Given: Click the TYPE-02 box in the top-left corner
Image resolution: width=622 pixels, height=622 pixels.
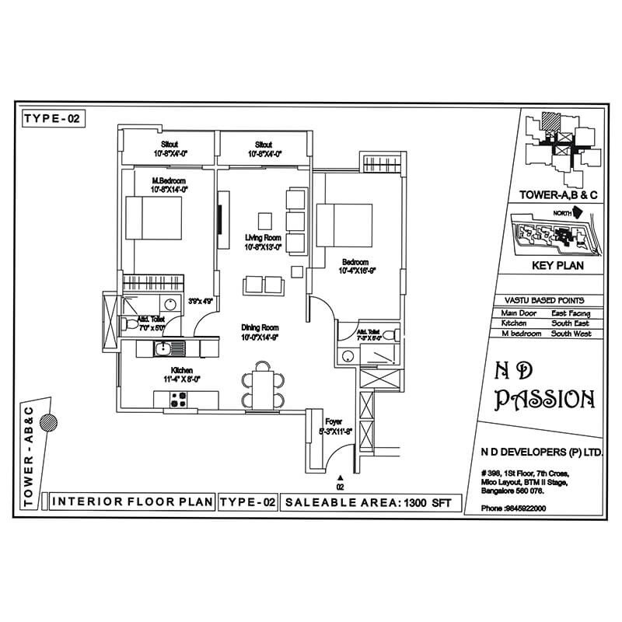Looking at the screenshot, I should pos(51,118).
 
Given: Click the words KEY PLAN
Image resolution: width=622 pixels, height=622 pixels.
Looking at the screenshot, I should pos(557,267).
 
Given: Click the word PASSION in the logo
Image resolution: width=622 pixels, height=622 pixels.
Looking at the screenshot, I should pos(546,400).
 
